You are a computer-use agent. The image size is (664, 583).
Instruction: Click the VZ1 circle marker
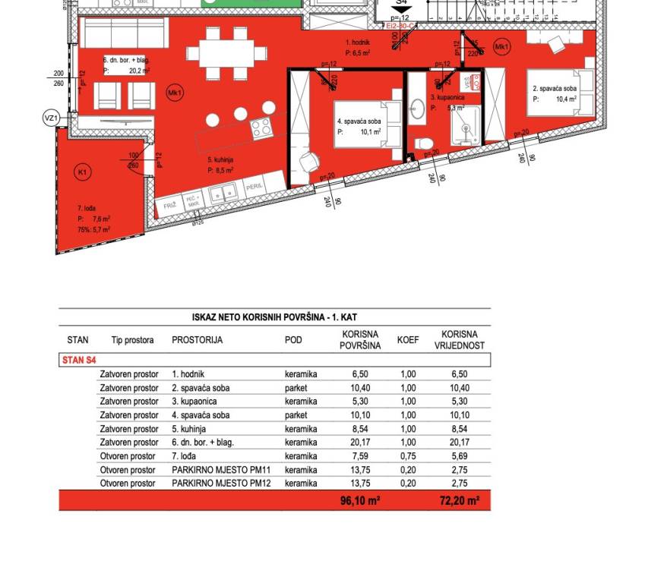[x=50, y=118]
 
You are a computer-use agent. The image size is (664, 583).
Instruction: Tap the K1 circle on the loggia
[x=82, y=172]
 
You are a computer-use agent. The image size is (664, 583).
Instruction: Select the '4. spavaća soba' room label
[x=359, y=121]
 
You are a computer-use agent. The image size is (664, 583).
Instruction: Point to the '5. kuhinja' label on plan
[x=220, y=160]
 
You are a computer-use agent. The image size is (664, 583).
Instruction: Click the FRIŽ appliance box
[x=169, y=205]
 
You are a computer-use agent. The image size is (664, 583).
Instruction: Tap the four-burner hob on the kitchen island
[x=262, y=128]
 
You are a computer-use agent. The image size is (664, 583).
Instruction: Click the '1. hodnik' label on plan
[x=357, y=44]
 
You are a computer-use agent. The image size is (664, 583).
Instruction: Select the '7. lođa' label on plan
[x=85, y=208]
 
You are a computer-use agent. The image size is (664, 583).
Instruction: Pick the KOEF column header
[x=408, y=340]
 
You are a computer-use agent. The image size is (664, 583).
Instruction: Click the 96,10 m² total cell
[x=360, y=501]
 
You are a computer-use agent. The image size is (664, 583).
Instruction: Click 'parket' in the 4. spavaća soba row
[x=296, y=415]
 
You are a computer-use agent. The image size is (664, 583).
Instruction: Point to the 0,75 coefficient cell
[x=408, y=456]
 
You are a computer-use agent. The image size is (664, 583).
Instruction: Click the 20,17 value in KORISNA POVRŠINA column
[x=360, y=443]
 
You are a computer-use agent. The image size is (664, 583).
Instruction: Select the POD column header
[x=293, y=340]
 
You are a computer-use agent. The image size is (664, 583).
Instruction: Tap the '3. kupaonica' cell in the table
[x=194, y=402]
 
